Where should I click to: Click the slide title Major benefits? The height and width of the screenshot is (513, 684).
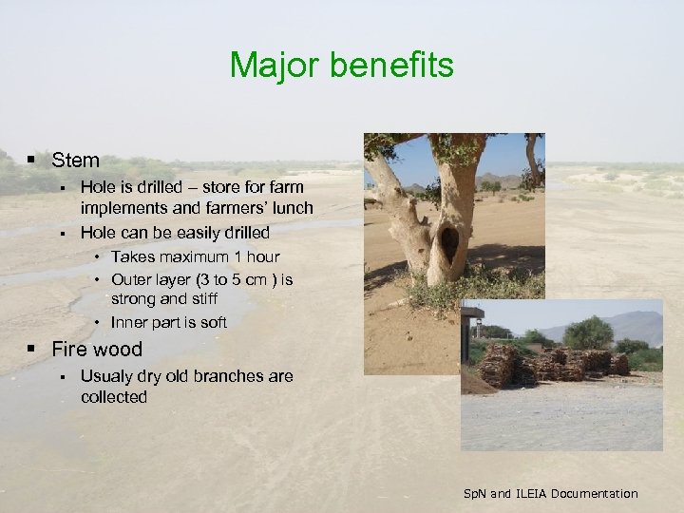[342, 66]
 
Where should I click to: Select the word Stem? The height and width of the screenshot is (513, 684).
[76, 161]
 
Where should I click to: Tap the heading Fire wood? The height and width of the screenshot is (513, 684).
[97, 349]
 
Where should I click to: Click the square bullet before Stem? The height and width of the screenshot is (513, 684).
[31, 161]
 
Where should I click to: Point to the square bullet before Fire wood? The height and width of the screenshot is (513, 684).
[31, 349]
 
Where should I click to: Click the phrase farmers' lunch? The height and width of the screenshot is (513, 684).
[264, 208]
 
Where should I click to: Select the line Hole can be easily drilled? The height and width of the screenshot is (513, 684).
[175, 233]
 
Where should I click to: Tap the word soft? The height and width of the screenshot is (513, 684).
[211, 322]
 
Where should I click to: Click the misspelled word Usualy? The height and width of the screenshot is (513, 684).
[105, 376]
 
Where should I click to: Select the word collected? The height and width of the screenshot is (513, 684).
[114, 397]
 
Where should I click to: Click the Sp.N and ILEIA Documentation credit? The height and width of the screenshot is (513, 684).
[550, 493]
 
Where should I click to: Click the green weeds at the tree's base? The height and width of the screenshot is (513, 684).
[475, 289]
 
